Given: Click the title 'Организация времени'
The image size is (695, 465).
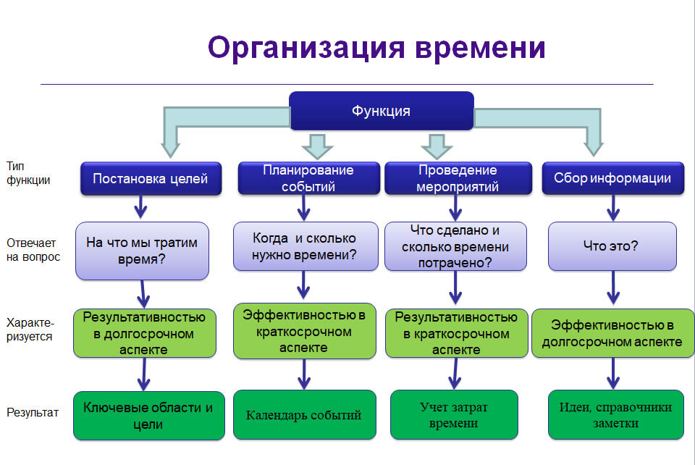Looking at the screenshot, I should pos(376,49).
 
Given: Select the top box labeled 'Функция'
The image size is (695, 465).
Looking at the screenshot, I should pos(382,111).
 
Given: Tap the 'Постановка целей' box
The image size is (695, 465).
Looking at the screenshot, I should pos(150,178).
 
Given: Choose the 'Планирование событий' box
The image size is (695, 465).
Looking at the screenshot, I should pos(308,178).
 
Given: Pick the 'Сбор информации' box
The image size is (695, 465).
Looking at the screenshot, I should pos(612,178).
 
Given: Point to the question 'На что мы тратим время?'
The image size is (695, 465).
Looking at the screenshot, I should pos(142,251).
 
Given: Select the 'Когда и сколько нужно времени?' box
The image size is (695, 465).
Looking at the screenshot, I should pos(305,246).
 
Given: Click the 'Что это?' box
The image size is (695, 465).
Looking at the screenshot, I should pos(612,246).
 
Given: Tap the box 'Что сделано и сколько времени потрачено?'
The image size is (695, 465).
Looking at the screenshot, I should pos(456,246).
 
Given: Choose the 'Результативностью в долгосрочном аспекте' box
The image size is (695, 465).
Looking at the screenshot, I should pos(144,333).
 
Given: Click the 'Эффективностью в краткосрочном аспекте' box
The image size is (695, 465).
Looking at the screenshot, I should pos(304,331).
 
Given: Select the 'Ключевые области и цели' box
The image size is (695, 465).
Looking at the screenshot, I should pos(148,416).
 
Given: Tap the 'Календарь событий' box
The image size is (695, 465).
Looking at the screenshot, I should pos(304,415).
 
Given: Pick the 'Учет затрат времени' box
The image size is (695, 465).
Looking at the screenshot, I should pos(454,415).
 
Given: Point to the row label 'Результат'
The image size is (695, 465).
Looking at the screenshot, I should pos(32,413).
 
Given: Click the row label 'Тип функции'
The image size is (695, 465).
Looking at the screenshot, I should pos(28,173).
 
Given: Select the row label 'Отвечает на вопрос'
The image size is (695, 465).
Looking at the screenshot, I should pos(33,250).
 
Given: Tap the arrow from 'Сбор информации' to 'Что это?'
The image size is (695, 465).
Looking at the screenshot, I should pos(612,208).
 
